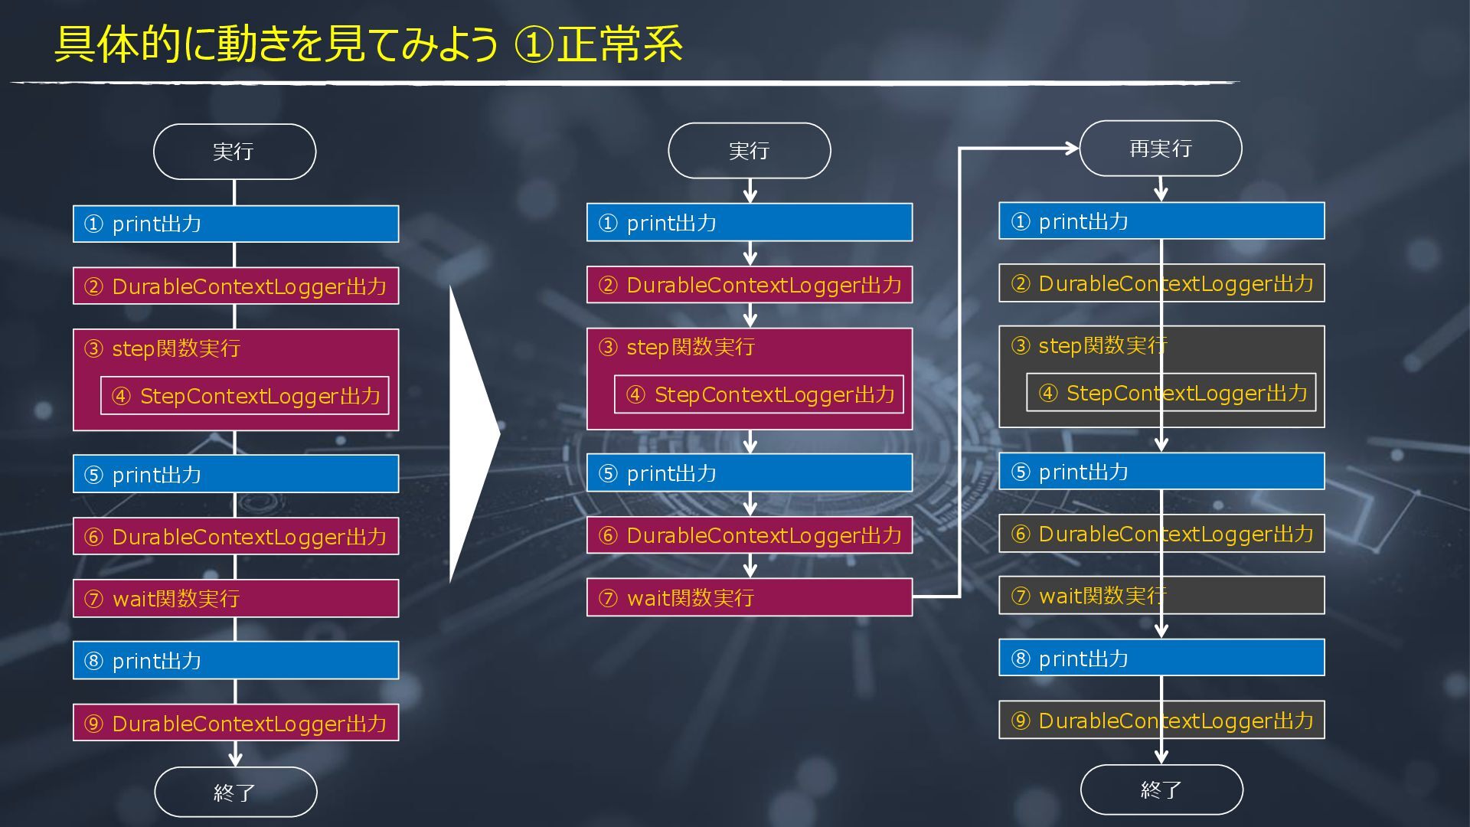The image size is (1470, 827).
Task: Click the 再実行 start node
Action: coord(1160,149)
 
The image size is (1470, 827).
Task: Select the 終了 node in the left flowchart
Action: coord(235,792)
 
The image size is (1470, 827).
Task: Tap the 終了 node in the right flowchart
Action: coord(1161,789)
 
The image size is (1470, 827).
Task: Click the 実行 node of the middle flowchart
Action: coord(749,151)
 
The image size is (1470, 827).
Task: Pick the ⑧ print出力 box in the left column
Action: coord(236,660)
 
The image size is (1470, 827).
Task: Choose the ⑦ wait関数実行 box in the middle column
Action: coord(749,597)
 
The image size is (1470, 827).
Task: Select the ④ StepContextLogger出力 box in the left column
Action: coord(245,396)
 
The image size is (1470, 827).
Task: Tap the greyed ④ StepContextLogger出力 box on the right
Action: coord(1171,393)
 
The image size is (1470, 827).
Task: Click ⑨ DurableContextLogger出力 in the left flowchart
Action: coord(236,723)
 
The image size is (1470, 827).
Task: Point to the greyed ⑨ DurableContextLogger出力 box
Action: coord(1161,720)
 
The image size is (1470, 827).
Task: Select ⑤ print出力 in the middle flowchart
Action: coord(749,472)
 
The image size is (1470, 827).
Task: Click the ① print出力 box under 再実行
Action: coord(1161,221)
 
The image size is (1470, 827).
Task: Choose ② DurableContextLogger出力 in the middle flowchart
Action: coord(749,285)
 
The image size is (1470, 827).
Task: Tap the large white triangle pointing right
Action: coord(469,434)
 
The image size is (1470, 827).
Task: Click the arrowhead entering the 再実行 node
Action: coord(1072,149)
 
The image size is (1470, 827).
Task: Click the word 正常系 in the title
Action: coord(619,44)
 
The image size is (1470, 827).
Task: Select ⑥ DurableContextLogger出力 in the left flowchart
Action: coord(236,536)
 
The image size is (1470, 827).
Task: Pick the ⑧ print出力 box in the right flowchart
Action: coord(1161,658)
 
